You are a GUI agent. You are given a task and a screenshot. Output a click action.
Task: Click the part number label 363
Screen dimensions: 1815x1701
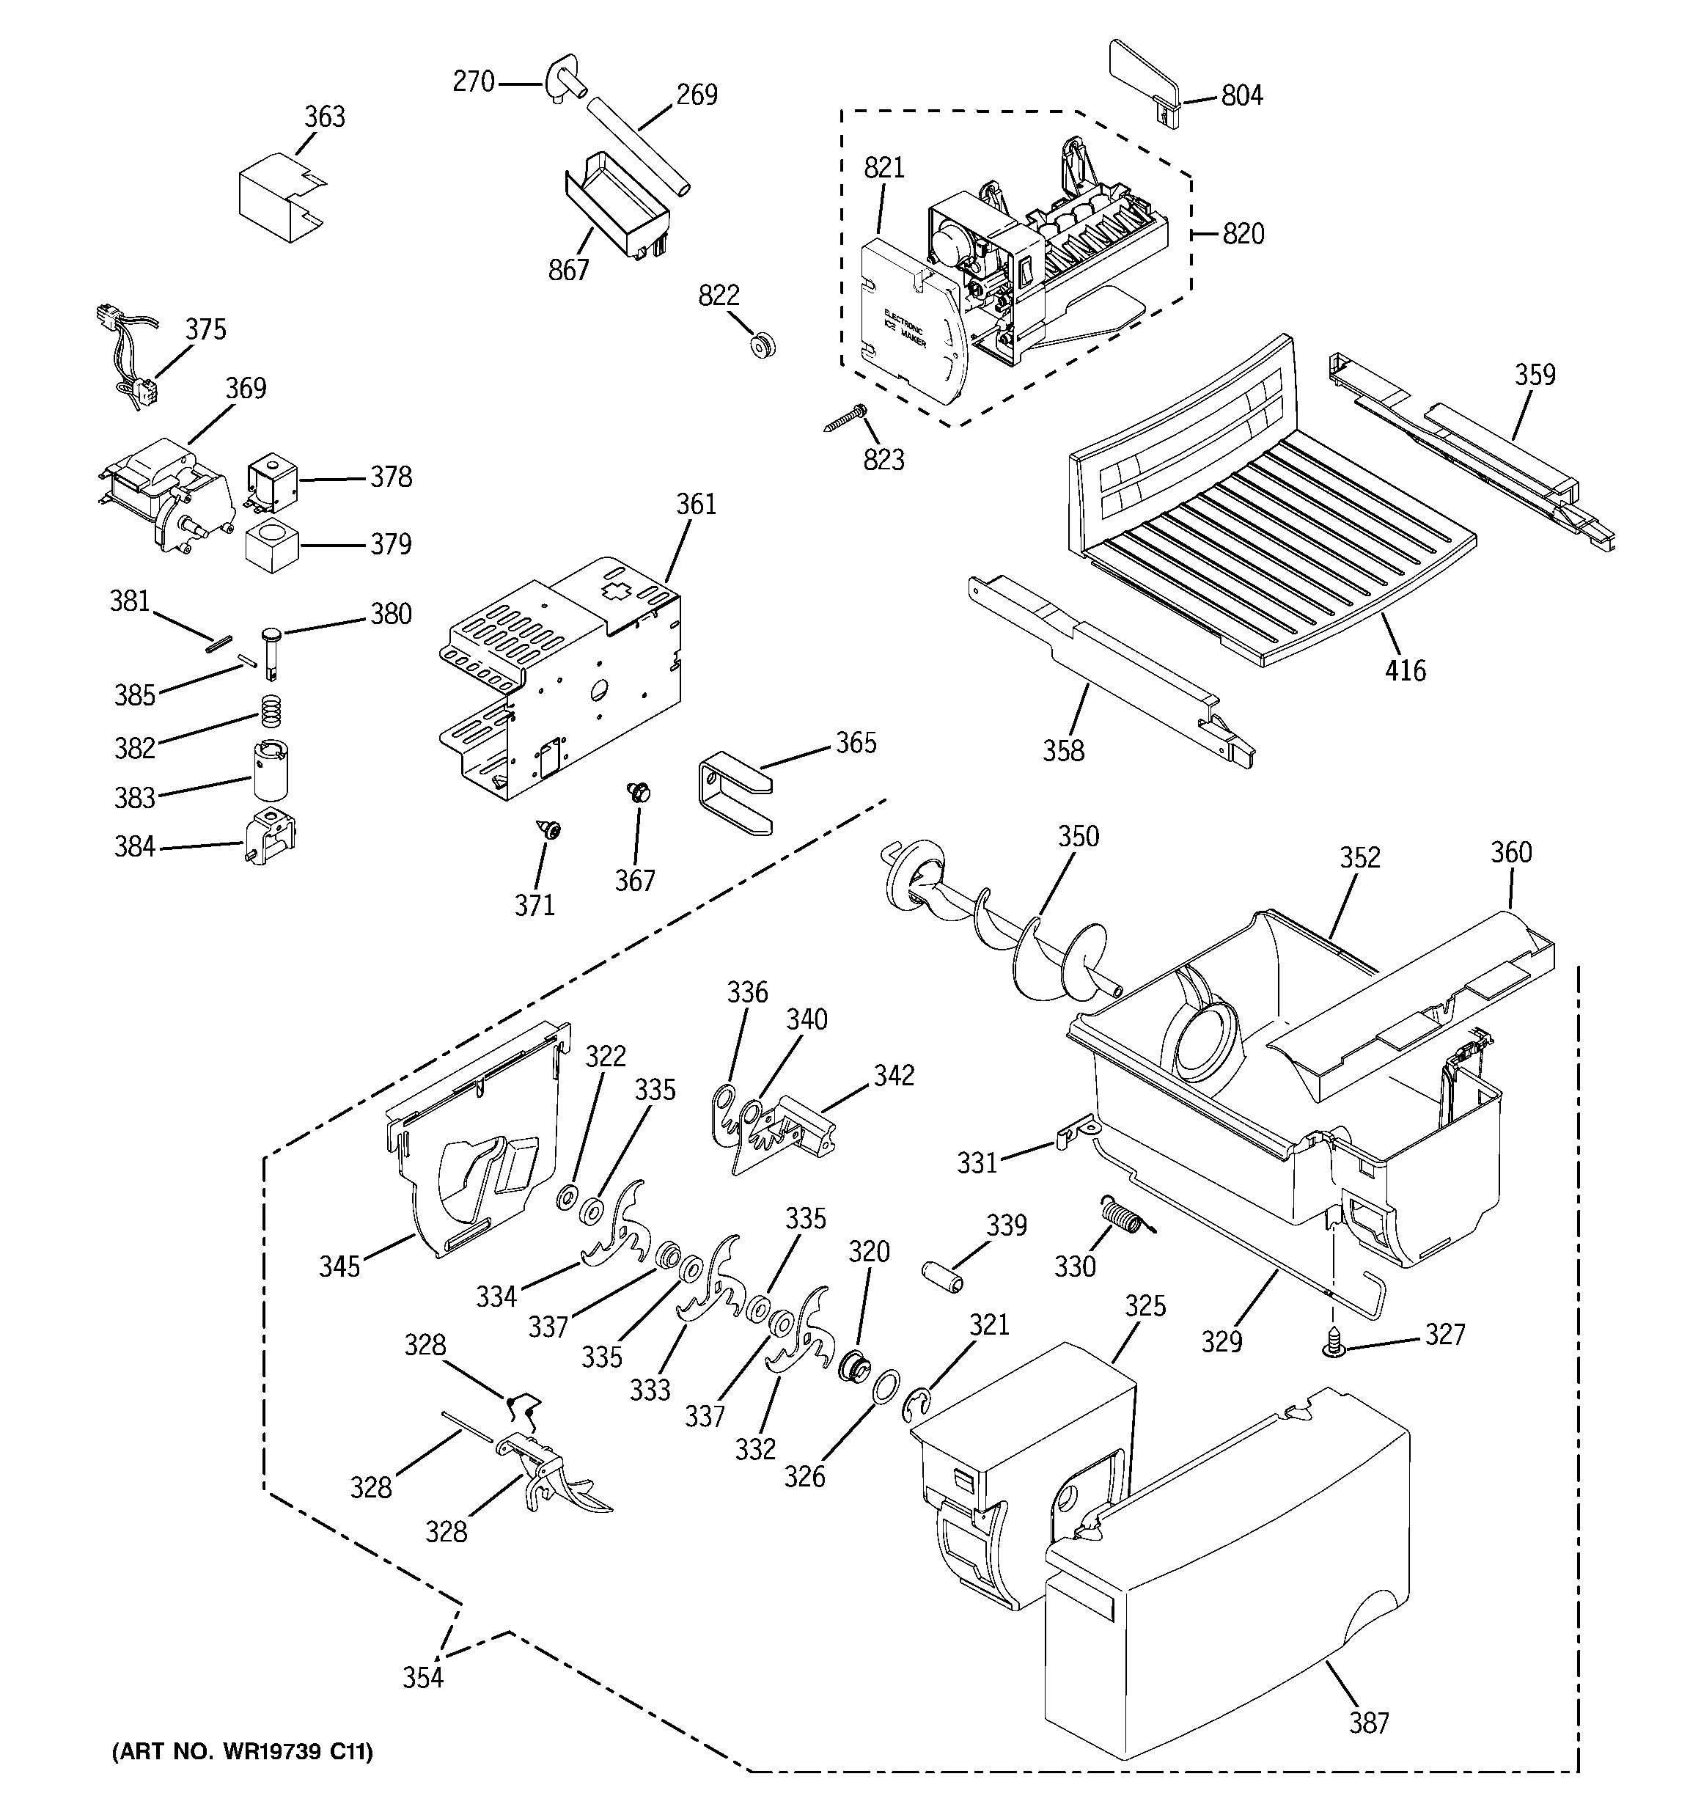click(324, 117)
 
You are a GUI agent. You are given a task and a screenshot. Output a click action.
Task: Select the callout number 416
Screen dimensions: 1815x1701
click(1404, 671)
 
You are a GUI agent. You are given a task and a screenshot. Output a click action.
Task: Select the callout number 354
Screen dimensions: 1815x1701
click(423, 1677)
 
